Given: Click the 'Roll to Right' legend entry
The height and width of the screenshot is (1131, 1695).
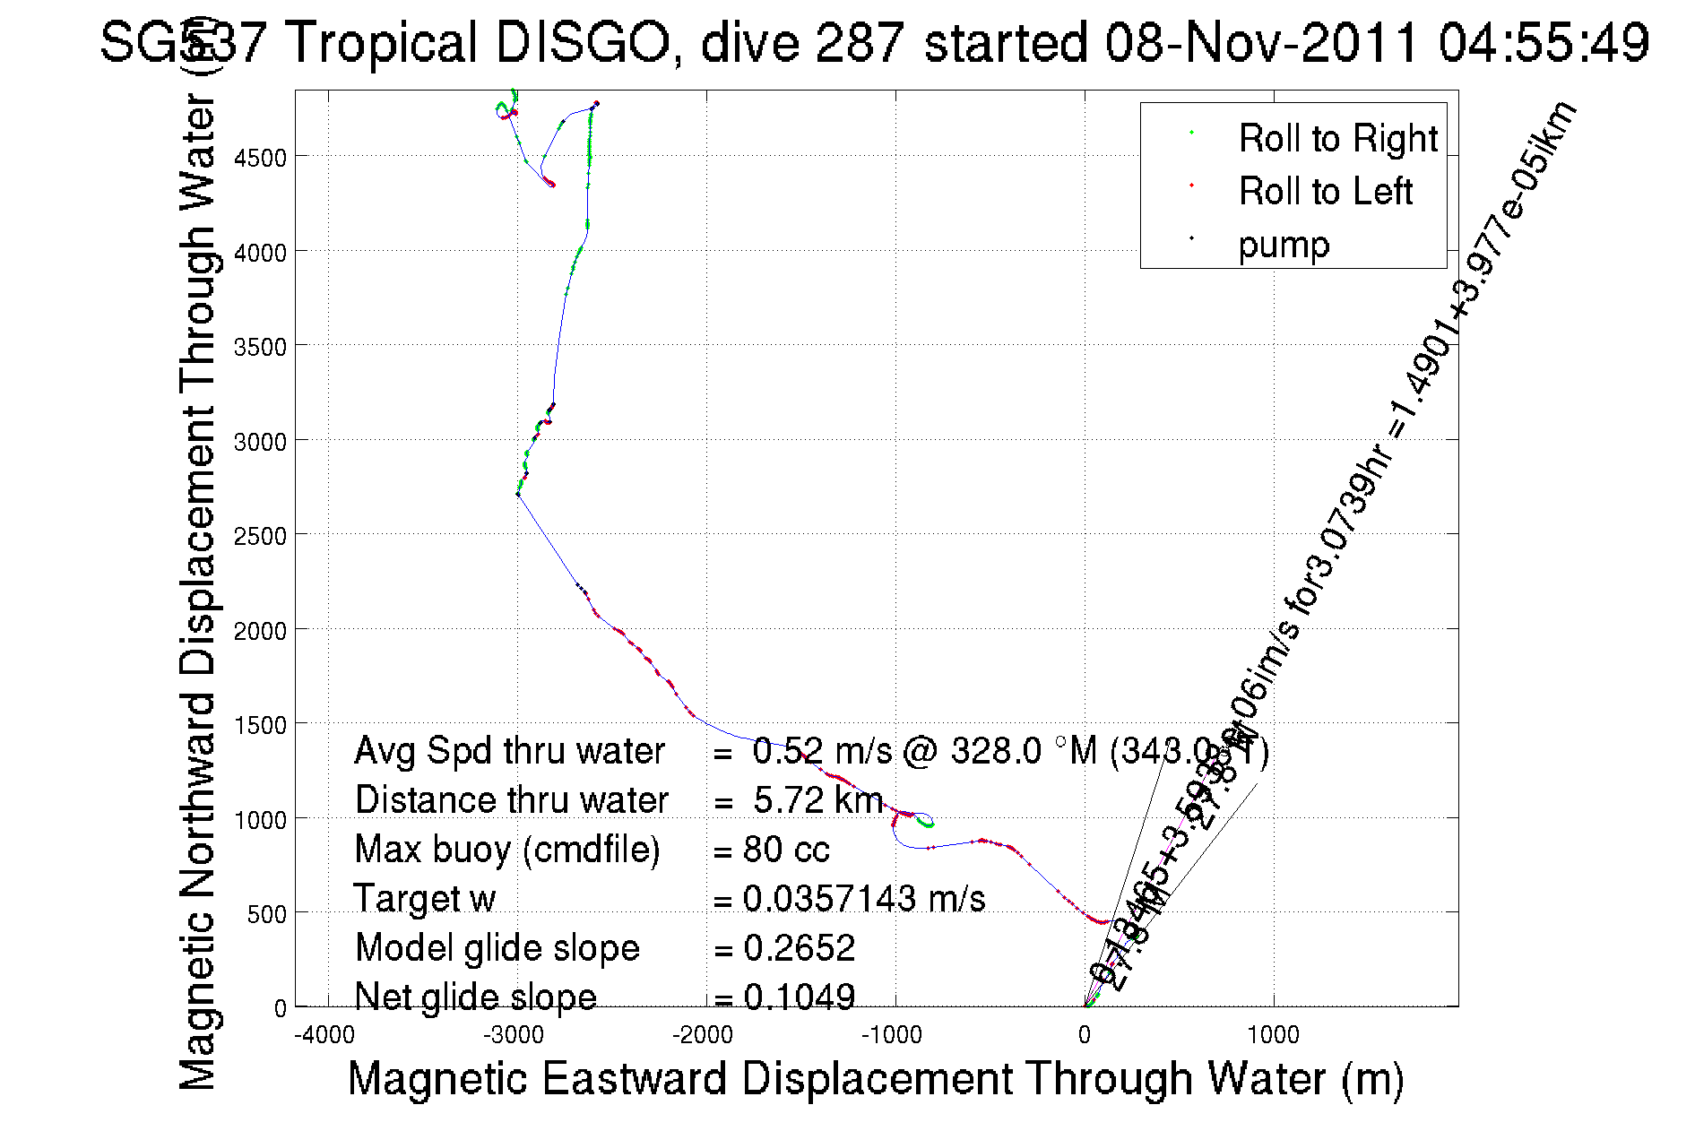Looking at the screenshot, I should pos(1337,139).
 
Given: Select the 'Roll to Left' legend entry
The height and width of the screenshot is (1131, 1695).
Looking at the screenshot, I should pos(1325,192).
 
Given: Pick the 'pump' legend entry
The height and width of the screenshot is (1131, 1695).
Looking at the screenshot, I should pos(1284,245).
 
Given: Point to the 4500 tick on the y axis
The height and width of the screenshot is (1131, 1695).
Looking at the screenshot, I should pos(260,158).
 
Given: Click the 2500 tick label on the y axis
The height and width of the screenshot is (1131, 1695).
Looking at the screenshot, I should pos(260,536).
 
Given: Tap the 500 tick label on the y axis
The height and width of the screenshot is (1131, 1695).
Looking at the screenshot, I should pos(266,914).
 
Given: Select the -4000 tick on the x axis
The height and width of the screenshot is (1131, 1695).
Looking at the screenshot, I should pos(324,1036).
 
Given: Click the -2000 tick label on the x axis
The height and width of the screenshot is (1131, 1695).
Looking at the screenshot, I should pos(703,1036).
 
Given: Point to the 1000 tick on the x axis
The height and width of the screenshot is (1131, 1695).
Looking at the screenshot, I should pos(1273,1036).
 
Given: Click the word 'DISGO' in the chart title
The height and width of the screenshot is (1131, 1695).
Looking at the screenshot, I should pos(583,42).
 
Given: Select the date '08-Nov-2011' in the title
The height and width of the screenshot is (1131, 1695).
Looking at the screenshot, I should pos(1261,42).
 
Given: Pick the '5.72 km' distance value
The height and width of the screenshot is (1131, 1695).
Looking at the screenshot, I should pos(817,799).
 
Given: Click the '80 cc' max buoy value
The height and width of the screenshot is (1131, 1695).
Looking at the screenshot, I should pos(786,849).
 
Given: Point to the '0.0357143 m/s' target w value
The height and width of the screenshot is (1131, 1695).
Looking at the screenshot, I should pos(864,898).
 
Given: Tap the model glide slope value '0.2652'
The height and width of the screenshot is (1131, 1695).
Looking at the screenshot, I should pos(799,947).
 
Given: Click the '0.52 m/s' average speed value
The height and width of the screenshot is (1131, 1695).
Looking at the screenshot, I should pos(822,750).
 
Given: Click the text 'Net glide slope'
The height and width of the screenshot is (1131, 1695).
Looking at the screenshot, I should pos(475,997).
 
